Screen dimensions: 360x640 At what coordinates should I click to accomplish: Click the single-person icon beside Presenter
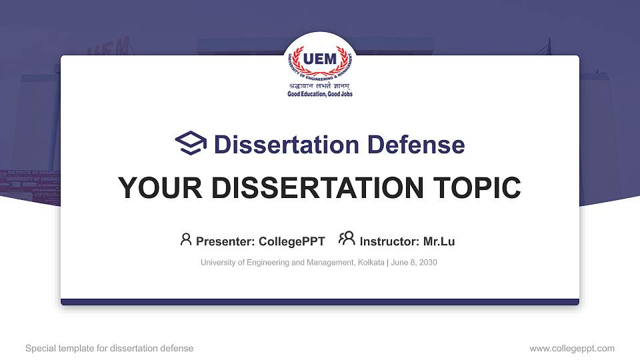tap(186, 239)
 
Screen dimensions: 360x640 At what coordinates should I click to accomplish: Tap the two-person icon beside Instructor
tap(347, 239)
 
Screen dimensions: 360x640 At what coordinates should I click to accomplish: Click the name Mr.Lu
tap(439, 241)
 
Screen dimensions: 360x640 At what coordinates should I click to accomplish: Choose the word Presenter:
tap(225, 241)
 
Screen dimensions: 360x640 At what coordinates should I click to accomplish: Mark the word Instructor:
tap(389, 241)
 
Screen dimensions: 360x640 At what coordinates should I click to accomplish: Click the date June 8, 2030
tap(414, 263)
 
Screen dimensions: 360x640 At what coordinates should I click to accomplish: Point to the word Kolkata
tap(370, 263)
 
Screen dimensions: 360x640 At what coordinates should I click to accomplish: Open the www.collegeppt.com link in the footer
tap(572, 348)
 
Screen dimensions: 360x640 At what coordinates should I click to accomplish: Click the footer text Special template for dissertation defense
tap(109, 348)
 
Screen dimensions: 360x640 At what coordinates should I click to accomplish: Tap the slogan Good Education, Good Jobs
tap(320, 95)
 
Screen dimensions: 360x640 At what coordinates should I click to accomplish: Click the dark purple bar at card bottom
tap(320, 302)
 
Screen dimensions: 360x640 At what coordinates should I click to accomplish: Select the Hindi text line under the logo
tap(320, 87)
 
